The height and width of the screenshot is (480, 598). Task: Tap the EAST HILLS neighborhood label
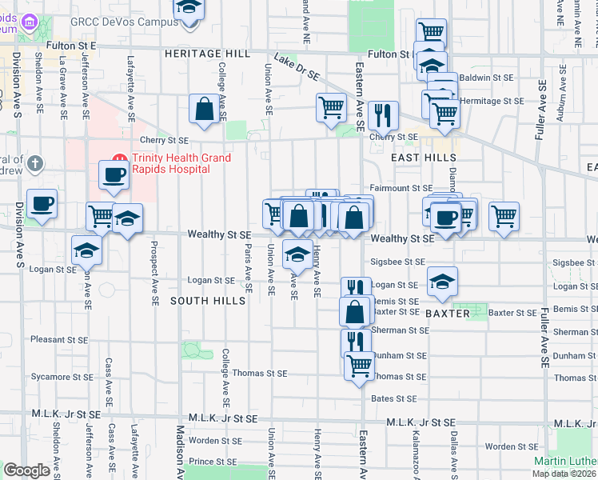(x=423, y=158)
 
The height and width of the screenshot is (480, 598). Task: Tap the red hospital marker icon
(x=120, y=158)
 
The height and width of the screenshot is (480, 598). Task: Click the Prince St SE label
(x=213, y=462)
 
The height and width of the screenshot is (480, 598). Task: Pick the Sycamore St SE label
(x=58, y=375)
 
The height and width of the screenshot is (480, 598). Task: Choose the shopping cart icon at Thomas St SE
(x=360, y=365)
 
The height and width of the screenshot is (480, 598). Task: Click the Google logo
(x=26, y=470)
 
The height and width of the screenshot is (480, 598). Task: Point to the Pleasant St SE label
(x=58, y=339)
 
